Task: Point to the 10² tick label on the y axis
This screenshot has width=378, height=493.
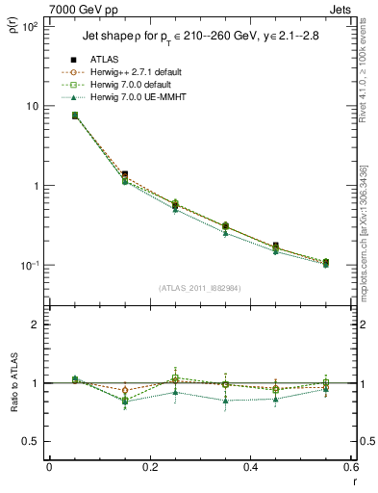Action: [31, 27]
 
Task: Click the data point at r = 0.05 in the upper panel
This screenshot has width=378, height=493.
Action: [75, 116]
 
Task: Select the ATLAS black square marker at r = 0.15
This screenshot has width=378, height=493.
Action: [124, 174]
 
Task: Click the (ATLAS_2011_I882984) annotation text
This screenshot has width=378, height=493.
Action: [200, 287]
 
